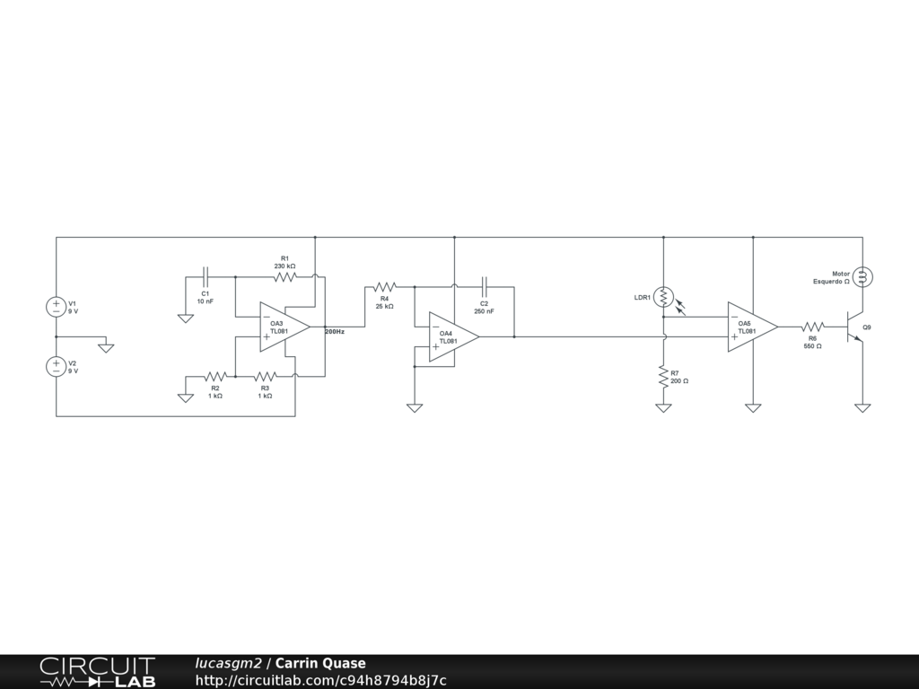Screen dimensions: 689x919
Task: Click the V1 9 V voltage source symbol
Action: pyautogui.click(x=56, y=307)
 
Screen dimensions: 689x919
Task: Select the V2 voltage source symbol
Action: pyautogui.click(x=56, y=366)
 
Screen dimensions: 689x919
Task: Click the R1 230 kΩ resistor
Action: pyautogui.click(x=285, y=277)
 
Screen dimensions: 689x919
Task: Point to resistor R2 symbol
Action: pyautogui.click(x=215, y=377)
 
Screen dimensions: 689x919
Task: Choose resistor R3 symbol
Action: pyautogui.click(x=265, y=377)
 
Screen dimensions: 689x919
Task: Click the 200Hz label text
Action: pyautogui.click(x=335, y=332)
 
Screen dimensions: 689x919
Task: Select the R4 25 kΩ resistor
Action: pyautogui.click(x=384, y=287)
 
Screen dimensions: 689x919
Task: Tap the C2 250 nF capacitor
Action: pyautogui.click(x=485, y=287)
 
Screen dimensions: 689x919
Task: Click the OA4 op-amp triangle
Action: pyautogui.click(x=451, y=336)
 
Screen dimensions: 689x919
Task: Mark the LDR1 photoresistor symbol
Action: pyautogui.click(x=663, y=296)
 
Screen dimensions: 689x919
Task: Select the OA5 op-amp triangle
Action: pyautogui.click(x=751, y=327)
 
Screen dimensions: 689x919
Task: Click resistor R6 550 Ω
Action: pyautogui.click(x=812, y=327)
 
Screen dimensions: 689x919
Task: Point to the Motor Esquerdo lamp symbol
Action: pyautogui.click(x=862, y=277)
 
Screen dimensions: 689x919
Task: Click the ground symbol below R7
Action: pyautogui.click(x=663, y=408)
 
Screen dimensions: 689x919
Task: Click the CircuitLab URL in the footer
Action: pyautogui.click(x=320, y=680)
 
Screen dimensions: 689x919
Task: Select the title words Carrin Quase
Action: pyautogui.click(x=320, y=664)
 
